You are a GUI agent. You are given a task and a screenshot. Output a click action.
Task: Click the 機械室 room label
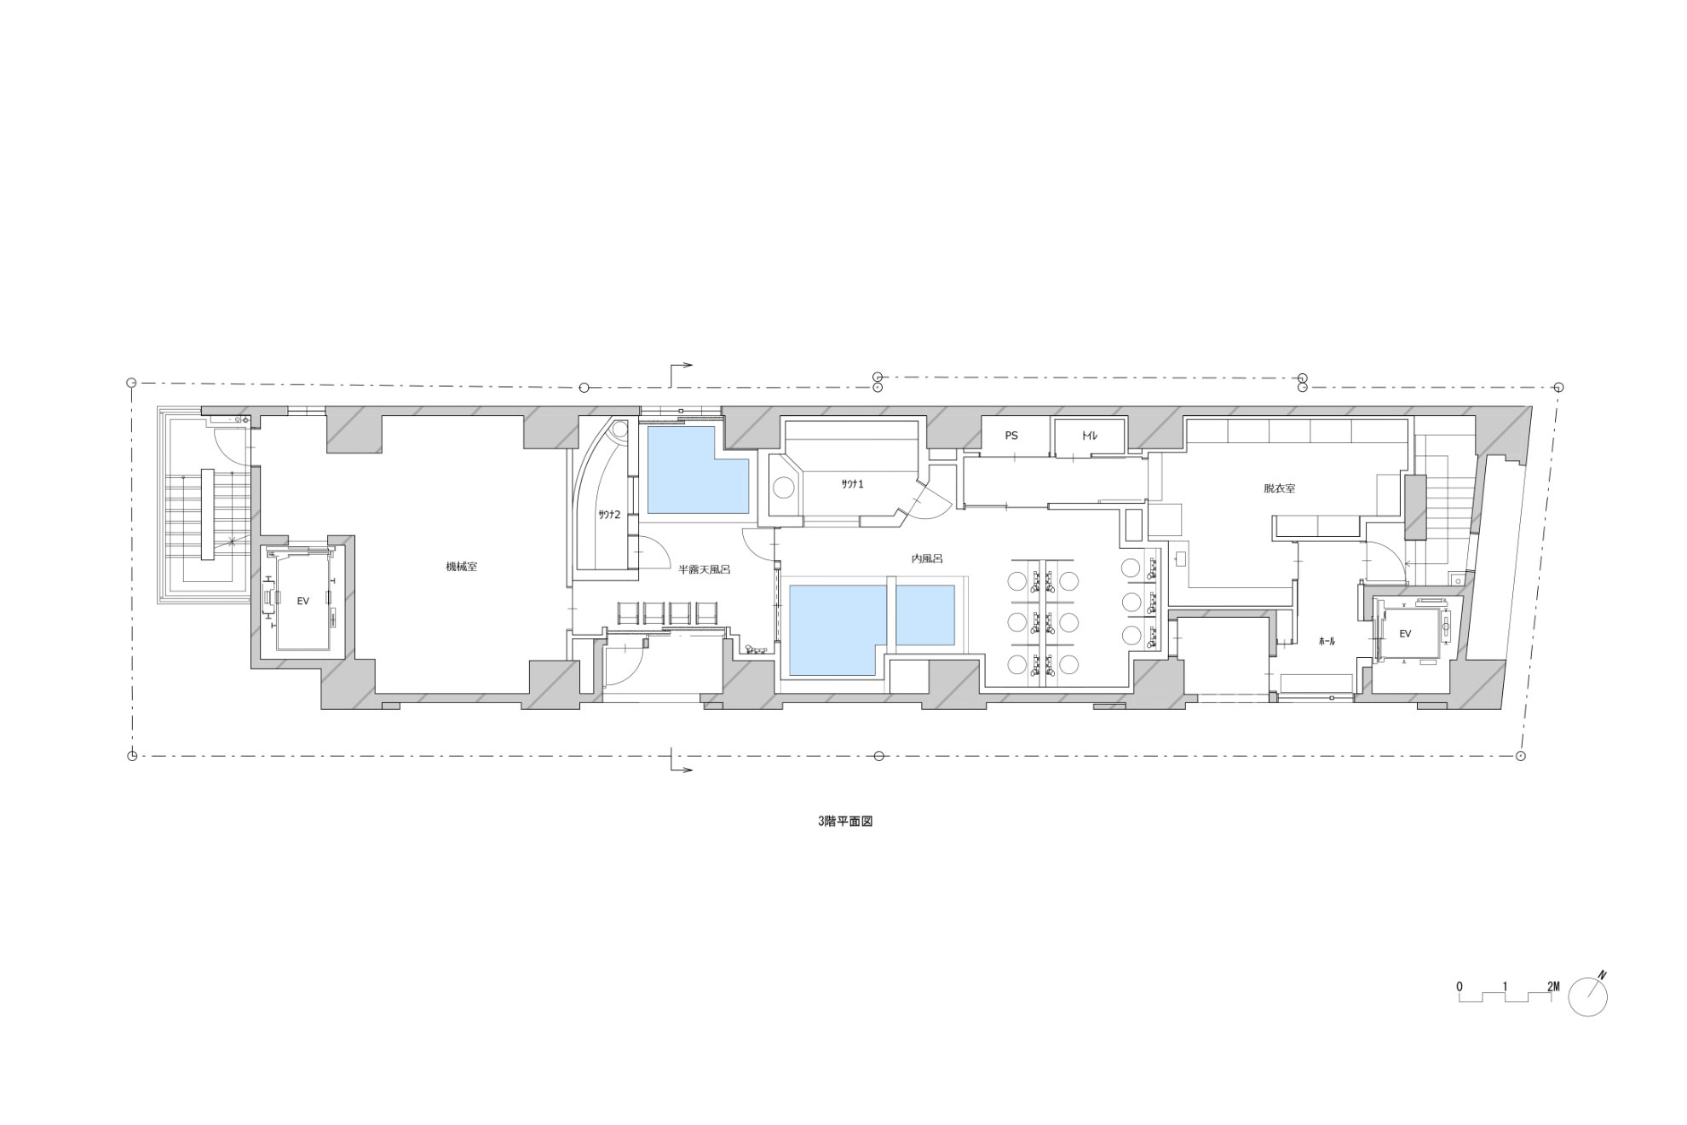461,567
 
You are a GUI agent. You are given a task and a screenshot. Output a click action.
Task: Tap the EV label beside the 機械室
302,601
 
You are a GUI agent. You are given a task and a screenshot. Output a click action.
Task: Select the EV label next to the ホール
1405,633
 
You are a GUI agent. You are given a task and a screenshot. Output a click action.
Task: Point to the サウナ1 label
853,483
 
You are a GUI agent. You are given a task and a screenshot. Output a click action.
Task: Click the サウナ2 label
608,514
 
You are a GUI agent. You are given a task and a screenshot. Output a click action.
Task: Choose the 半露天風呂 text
704,569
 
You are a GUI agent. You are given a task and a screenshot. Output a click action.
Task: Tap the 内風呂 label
927,559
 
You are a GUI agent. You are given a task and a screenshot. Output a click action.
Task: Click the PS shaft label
1011,436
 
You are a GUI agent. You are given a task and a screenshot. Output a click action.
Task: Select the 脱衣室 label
1280,489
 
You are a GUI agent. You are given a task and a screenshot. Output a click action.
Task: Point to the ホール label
1327,641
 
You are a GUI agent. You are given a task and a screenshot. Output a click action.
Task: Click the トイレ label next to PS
1088,436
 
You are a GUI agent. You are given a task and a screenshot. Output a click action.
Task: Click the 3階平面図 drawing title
845,822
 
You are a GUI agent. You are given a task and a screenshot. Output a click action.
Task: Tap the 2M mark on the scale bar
1553,986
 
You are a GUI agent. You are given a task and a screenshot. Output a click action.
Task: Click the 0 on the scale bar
1460,986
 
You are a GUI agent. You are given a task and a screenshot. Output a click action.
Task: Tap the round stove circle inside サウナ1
784,488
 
